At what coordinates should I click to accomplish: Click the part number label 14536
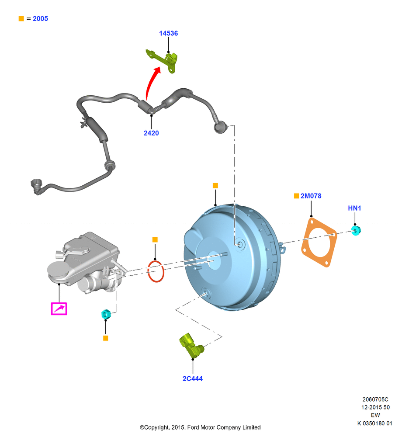coord(168,34)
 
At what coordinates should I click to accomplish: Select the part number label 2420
coord(151,133)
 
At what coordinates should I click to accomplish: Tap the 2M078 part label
coord(311,196)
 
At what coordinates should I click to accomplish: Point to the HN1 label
coord(354,208)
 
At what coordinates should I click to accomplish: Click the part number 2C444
coord(193,379)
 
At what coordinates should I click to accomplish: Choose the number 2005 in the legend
coord(40,19)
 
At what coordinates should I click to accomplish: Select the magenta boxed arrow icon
coord(59,309)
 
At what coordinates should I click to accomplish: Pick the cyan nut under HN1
coord(356,231)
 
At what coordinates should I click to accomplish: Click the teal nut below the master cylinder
coord(106,314)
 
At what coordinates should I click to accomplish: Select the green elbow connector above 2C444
coord(191,345)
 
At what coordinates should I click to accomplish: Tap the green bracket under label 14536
coord(163,60)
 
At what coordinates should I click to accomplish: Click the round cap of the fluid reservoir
coord(58,269)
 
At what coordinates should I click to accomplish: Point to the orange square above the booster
coord(215,186)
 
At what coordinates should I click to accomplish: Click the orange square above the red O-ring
coord(155,239)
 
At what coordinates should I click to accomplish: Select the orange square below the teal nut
coord(106,338)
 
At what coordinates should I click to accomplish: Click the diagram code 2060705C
coord(375,399)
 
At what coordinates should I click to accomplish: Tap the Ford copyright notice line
coord(200,427)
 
